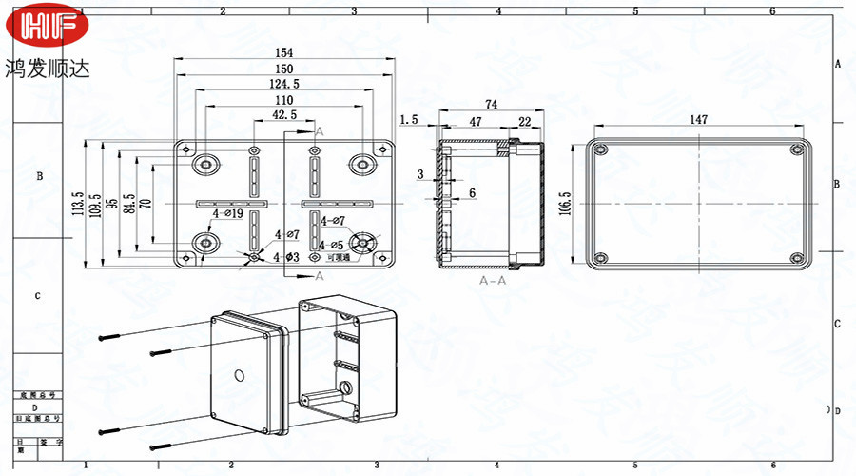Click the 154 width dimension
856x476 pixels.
tap(284, 52)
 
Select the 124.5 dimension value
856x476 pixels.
tap(284, 85)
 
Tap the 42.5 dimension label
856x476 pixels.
tap(284, 115)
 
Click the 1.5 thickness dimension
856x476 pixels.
tap(409, 120)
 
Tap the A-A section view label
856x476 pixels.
tap(492, 282)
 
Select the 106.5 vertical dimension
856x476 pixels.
tap(564, 204)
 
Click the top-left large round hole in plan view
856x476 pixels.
tap(205, 165)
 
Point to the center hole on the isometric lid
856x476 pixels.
tap(239, 372)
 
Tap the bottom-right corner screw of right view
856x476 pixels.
tap(797, 257)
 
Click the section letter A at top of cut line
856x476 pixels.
tap(319, 129)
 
